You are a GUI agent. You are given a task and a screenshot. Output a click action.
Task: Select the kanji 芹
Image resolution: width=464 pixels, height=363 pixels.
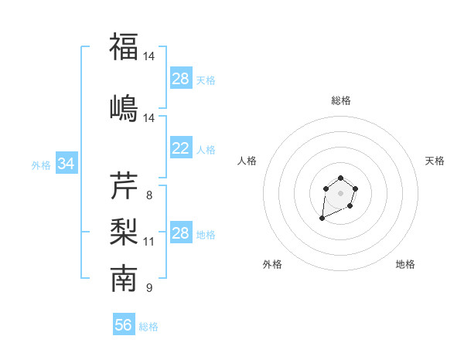[124, 185]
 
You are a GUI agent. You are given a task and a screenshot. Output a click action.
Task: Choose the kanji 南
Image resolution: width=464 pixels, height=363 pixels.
[124, 279]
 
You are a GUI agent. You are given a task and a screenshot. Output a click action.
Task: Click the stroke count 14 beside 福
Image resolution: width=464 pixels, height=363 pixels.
[149, 56]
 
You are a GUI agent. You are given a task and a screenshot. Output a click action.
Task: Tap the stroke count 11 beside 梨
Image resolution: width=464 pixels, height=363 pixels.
[149, 242]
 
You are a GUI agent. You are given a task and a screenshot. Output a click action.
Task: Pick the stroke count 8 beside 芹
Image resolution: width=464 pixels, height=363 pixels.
[149, 195]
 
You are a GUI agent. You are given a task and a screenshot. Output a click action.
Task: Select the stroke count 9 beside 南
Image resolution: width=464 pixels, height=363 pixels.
[149, 289]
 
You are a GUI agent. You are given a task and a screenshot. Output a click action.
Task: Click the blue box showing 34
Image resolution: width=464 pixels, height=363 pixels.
[66, 164]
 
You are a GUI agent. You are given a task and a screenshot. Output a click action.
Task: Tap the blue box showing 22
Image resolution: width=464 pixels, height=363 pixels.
[180, 148]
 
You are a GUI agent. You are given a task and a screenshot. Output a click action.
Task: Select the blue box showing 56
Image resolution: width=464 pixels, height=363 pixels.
[124, 325]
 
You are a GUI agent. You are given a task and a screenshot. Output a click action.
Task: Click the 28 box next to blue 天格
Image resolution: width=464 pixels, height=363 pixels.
[180, 79]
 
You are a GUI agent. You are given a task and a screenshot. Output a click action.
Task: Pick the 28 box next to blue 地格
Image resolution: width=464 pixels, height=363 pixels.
[180, 233]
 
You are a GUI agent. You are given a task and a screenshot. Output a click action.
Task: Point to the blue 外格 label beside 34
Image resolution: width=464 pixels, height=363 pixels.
[41, 165]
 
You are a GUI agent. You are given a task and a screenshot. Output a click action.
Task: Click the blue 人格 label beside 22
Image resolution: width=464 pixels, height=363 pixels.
[206, 149]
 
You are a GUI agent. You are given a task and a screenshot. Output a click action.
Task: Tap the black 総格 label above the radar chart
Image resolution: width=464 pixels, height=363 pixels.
[340, 100]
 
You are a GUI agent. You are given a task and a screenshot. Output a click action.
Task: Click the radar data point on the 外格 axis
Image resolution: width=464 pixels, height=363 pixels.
[322, 219]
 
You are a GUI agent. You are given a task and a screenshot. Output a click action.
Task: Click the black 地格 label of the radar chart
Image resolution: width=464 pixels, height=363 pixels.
[405, 264]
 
